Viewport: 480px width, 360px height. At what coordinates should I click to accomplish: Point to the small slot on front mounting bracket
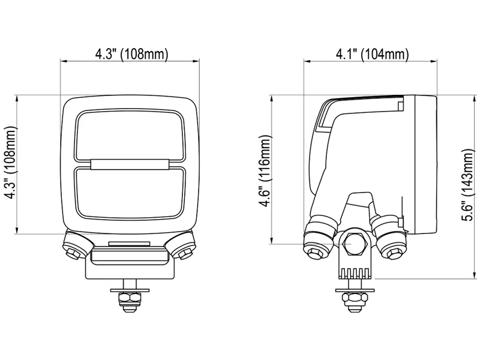tap(130, 244)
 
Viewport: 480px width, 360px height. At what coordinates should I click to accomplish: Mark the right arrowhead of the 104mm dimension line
tap(435, 61)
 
